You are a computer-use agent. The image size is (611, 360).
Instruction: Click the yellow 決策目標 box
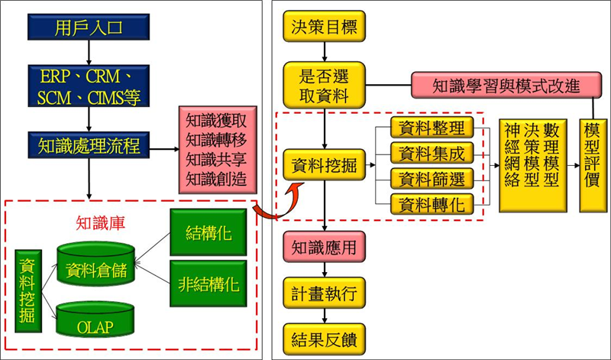[x=326, y=28]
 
